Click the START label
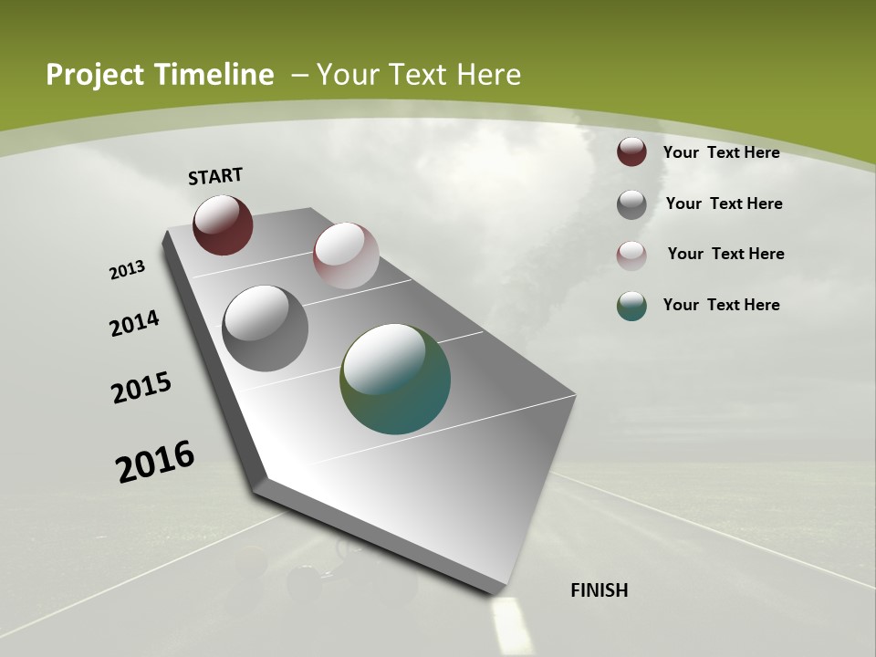click(215, 176)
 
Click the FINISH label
click(599, 590)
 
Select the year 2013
click(128, 270)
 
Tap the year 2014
click(135, 324)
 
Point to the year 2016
click(155, 462)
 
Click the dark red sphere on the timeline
click(223, 225)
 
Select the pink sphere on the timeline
click(346, 255)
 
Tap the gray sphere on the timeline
click(265, 328)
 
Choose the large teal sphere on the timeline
click(395, 379)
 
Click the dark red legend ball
click(631, 152)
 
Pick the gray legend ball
click(631, 204)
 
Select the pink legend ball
click(631, 255)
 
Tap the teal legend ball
click(631, 306)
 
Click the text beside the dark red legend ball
click(721, 152)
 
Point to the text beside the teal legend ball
click(721, 305)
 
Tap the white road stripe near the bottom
click(510, 624)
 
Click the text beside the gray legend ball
click(724, 203)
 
